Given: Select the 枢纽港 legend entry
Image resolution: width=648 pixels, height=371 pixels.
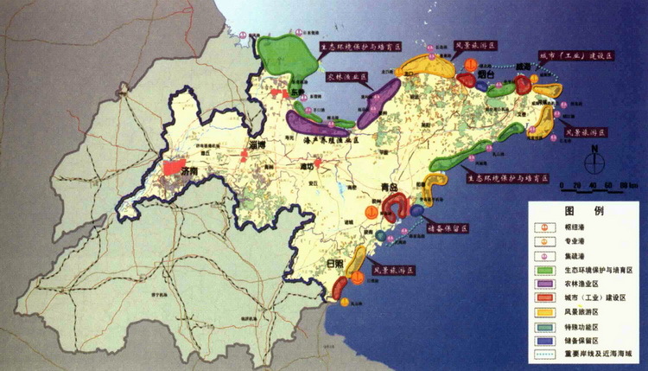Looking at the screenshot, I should point(575,227).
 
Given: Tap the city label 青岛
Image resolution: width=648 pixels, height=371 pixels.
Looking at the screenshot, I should point(391,189).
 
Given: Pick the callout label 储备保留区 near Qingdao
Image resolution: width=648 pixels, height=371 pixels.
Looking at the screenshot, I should point(448,228).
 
